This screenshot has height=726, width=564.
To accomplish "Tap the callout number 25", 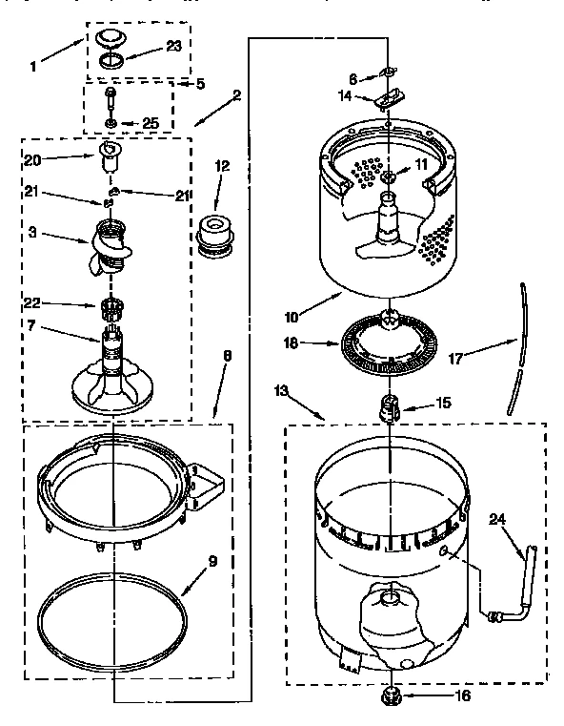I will click(x=151, y=124).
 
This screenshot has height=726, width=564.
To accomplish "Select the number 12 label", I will click(x=222, y=165).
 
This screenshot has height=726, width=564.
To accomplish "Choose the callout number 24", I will click(x=494, y=521).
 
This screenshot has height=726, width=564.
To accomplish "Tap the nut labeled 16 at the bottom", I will click(x=392, y=696).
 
